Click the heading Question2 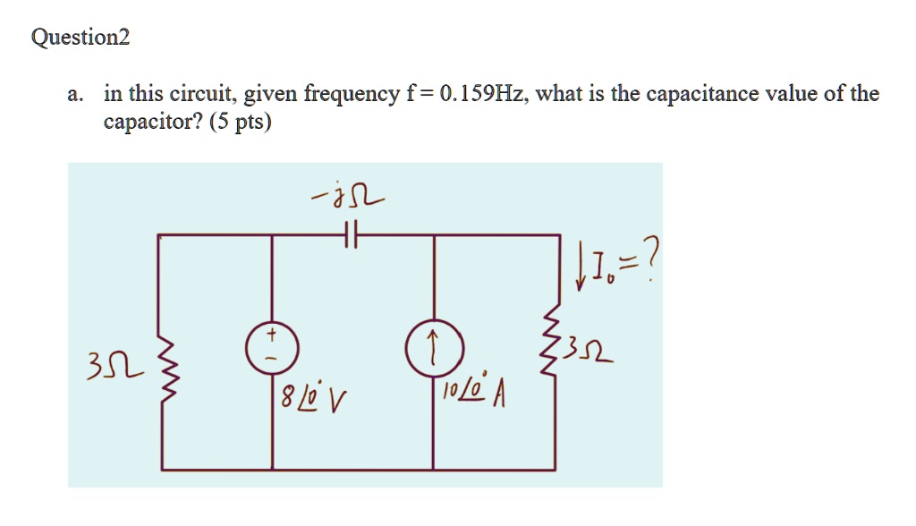coord(81,38)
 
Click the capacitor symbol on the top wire coord(352,236)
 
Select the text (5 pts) coord(241,121)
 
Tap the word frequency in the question coord(352,95)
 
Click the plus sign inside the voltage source coord(273,335)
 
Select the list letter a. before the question coord(76,94)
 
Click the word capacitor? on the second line coord(153,122)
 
